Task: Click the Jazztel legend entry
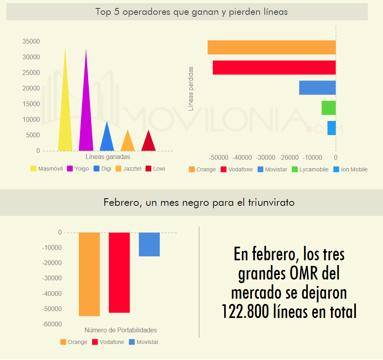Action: (128, 169)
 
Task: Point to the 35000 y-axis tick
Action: (31, 41)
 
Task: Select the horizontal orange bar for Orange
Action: (271, 47)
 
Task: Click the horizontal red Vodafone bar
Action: (274, 67)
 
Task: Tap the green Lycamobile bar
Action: (329, 108)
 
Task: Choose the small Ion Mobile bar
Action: (331, 128)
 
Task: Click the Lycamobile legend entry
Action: (310, 169)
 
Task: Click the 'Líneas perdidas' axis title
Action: (191, 88)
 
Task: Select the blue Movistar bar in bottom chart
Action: (149, 244)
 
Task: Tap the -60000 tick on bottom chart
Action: (52, 324)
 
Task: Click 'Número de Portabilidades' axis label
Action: (120, 330)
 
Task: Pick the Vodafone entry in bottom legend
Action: (108, 342)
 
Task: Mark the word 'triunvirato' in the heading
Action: (270, 203)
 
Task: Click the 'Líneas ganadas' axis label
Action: (108, 157)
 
